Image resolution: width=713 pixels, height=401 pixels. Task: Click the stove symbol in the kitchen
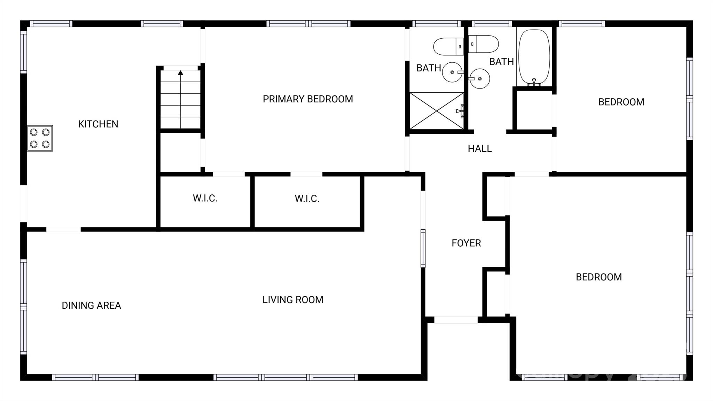40,138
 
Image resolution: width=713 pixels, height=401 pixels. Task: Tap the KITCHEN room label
98,124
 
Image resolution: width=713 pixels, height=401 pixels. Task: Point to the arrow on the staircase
180,73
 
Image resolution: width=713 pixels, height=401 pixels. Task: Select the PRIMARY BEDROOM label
307,99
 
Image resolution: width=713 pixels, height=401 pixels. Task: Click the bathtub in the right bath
534,57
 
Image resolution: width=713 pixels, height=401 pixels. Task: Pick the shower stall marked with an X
437,111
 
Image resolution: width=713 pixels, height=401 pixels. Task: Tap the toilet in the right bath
484,44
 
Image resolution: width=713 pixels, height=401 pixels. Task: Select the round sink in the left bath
452,72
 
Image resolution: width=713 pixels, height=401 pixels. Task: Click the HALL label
479,149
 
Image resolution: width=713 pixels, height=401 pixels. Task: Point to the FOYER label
466,243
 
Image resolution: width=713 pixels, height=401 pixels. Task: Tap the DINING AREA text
91,306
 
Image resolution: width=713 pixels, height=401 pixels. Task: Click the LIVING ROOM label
292,300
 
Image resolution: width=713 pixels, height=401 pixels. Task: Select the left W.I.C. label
205,198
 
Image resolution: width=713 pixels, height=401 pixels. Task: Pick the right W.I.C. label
307,199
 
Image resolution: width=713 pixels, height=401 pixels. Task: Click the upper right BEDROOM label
621,102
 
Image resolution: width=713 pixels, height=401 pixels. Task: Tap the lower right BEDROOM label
598,277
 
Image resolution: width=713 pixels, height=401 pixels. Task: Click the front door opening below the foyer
456,320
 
